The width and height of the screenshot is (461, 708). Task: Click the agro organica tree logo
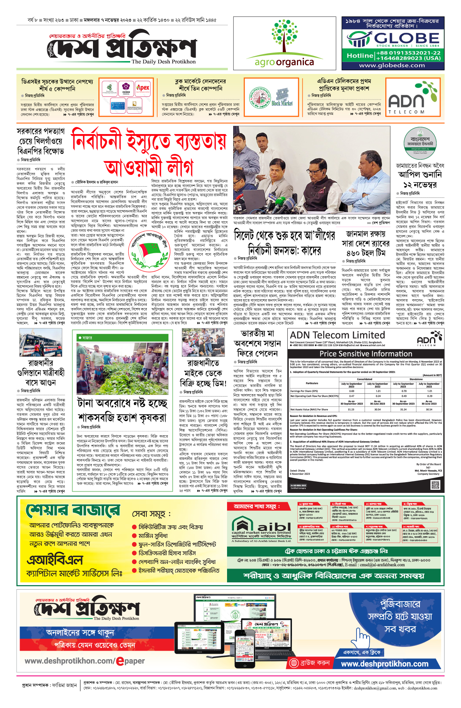285,37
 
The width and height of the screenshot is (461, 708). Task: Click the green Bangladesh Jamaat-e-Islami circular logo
420,143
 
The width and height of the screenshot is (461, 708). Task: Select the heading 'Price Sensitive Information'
365,354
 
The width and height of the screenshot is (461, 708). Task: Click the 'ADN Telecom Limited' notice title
337,335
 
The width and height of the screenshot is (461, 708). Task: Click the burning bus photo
40,343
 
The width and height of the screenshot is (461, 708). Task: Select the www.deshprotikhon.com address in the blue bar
385,664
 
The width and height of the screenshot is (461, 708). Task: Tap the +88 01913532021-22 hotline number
408,53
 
